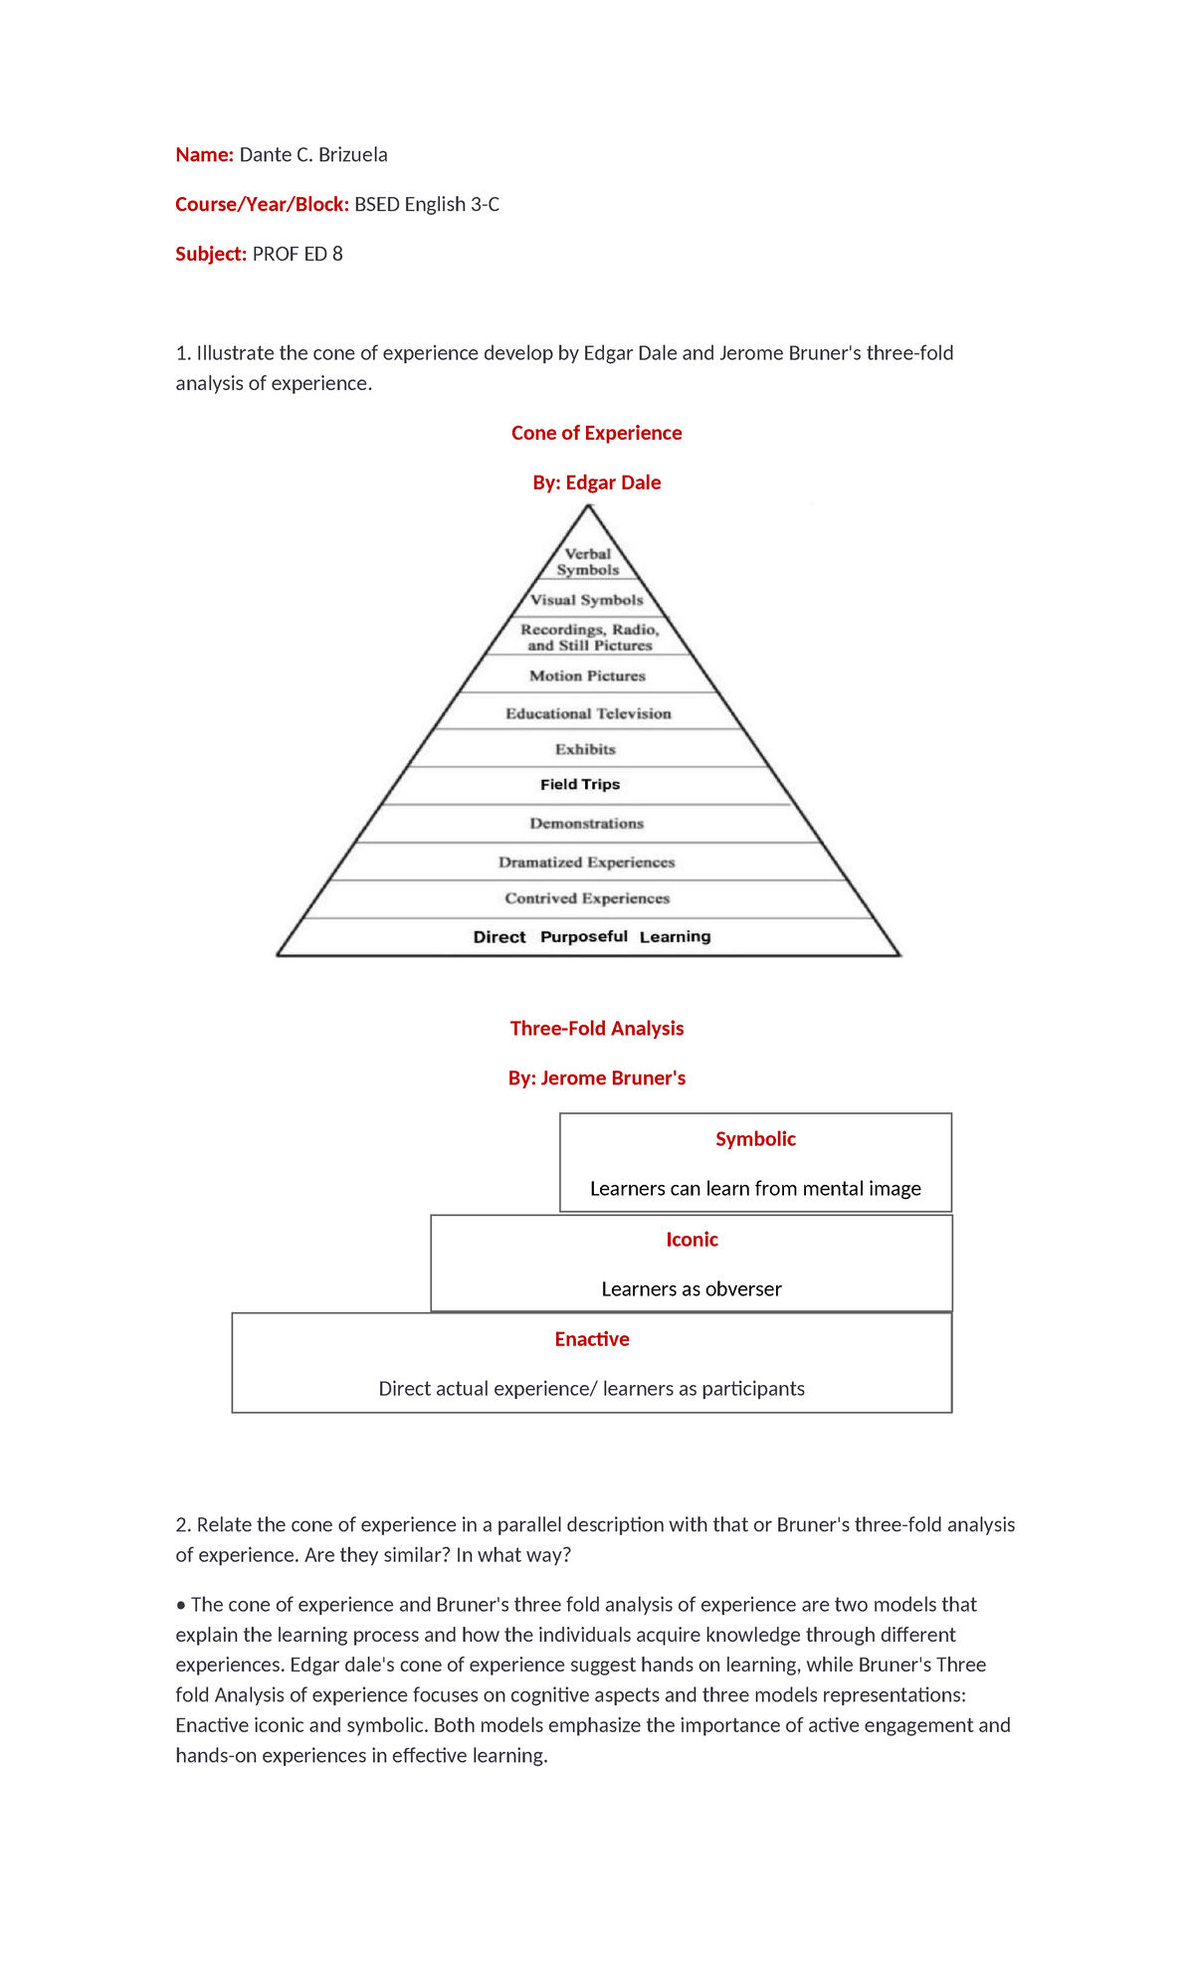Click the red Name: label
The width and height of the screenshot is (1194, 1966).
tap(204, 154)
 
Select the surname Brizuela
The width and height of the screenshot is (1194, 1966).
tap(352, 154)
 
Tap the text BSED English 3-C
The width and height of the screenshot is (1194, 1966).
tap(427, 204)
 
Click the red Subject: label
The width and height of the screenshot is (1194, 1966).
tap(210, 254)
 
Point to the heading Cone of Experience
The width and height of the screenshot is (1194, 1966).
tap(596, 433)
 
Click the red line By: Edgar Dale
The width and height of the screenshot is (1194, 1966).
tap(596, 483)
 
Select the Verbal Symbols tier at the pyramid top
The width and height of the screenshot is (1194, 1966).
tap(588, 562)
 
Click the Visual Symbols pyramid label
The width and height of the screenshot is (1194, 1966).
tap(587, 600)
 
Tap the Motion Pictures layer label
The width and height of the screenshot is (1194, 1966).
tap(587, 676)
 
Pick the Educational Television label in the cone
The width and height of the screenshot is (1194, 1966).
tap(588, 713)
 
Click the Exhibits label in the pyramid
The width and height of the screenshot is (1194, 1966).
tap(585, 749)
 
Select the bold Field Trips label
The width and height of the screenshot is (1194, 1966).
tap(580, 784)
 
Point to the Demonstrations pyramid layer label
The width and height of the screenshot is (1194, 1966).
tap(586, 824)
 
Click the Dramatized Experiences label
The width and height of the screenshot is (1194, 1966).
tap(586, 863)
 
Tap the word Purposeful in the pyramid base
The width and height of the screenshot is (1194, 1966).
tap(584, 936)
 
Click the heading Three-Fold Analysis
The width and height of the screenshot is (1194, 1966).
tap(596, 1028)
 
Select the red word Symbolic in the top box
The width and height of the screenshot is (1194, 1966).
tap(755, 1139)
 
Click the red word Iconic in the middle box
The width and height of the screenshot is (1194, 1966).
tap(692, 1240)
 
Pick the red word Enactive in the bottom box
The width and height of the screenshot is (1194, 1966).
tap(592, 1339)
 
